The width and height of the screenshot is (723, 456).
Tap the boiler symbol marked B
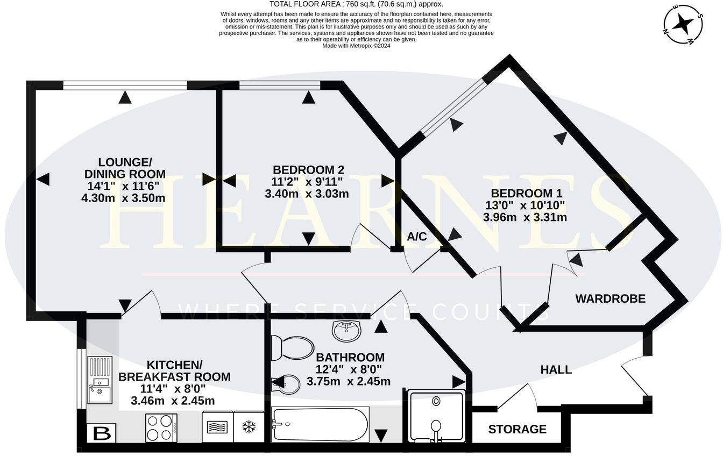(101, 433)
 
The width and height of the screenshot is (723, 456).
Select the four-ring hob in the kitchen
(161, 427)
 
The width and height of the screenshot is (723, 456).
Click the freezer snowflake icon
(249, 427)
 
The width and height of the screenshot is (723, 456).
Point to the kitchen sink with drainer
(100, 380)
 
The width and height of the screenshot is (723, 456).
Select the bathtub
(321, 425)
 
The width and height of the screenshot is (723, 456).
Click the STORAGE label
(517, 429)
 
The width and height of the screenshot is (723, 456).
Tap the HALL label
(556, 370)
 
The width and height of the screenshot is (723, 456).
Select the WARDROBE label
(610, 299)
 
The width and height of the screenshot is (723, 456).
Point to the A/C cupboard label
(417, 237)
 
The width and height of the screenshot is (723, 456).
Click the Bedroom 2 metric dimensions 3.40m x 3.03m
(307, 194)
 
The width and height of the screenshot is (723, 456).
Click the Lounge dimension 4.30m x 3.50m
(123, 197)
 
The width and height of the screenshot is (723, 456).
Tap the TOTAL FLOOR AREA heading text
(356, 4)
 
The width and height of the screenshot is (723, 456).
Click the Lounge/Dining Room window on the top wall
(125, 85)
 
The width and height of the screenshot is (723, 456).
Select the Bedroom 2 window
(280, 85)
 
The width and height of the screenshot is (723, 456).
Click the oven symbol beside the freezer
(218, 427)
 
